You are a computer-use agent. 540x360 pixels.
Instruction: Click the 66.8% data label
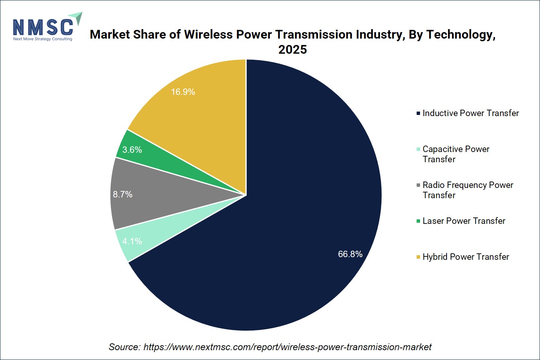pos(350,254)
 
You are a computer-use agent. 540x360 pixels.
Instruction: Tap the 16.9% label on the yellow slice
pos(183,92)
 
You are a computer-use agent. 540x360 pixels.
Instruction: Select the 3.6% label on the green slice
pos(132,150)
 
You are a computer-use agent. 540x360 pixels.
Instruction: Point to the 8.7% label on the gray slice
pos(123,194)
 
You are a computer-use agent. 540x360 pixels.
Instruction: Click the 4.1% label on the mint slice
pos(132,241)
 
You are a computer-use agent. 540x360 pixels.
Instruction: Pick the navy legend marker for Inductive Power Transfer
pos(418,113)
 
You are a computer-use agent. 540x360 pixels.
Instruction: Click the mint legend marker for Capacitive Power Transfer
pos(418,149)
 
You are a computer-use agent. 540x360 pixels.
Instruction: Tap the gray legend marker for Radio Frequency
pos(418,185)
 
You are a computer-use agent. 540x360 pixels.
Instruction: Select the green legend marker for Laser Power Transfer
pos(418,221)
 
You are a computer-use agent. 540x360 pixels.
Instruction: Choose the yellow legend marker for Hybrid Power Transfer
pos(418,257)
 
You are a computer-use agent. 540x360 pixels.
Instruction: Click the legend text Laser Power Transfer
pos(464,221)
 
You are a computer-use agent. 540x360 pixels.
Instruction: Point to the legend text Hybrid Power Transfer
pos(466,257)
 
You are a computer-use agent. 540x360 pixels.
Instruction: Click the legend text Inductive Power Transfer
pos(471,113)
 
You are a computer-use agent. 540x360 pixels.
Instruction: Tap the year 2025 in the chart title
pos(293,50)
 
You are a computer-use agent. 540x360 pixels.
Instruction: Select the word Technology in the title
pos(461,35)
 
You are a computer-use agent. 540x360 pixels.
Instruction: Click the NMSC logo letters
pos(43,27)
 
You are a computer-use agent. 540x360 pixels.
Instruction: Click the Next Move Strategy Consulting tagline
pos(43,39)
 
